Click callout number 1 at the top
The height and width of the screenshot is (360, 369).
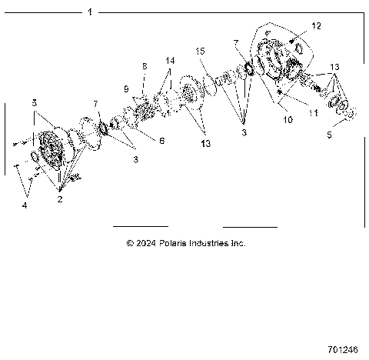click(90, 12)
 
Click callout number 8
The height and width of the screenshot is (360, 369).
click(143, 67)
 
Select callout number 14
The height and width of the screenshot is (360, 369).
click(170, 60)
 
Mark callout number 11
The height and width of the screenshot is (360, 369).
click(313, 112)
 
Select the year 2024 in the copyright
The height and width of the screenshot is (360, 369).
click(146, 243)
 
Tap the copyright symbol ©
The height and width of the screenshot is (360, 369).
click(130, 243)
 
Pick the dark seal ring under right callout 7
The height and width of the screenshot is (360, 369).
click(248, 72)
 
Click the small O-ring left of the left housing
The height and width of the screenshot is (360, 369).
click(34, 157)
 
